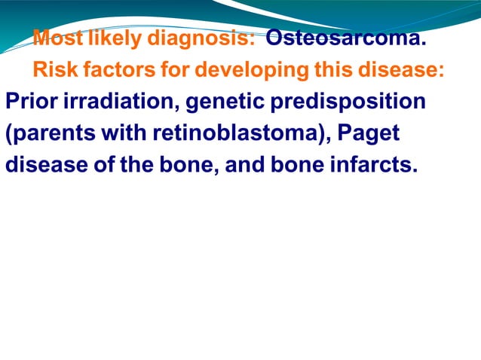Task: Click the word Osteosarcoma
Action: point(351,38)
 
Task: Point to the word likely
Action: point(115,38)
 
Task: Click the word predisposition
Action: point(360,102)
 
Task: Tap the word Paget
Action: point(369,133)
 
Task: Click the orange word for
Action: point(175,70)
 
